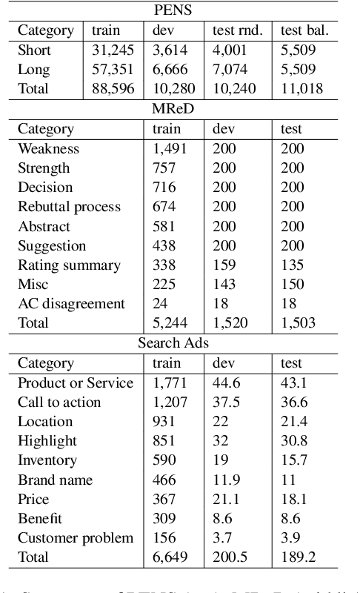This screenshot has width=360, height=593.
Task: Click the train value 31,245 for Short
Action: pos(111,50)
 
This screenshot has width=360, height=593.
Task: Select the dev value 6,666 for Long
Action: pos(170,70)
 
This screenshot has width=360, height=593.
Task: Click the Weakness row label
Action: pos(48,148)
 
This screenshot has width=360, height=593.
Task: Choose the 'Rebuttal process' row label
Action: pos(69,207)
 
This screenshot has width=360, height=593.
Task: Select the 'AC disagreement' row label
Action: pos(71,304)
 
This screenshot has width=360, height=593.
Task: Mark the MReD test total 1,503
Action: pos(298,323)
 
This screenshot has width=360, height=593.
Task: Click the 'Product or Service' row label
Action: pos(76,382)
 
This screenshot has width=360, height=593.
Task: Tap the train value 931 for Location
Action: pos(164,421)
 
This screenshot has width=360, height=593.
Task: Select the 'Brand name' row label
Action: pos(56,480)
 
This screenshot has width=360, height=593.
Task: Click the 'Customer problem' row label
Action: pos(76,538)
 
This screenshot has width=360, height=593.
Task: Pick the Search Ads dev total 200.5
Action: pos(230,557)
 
